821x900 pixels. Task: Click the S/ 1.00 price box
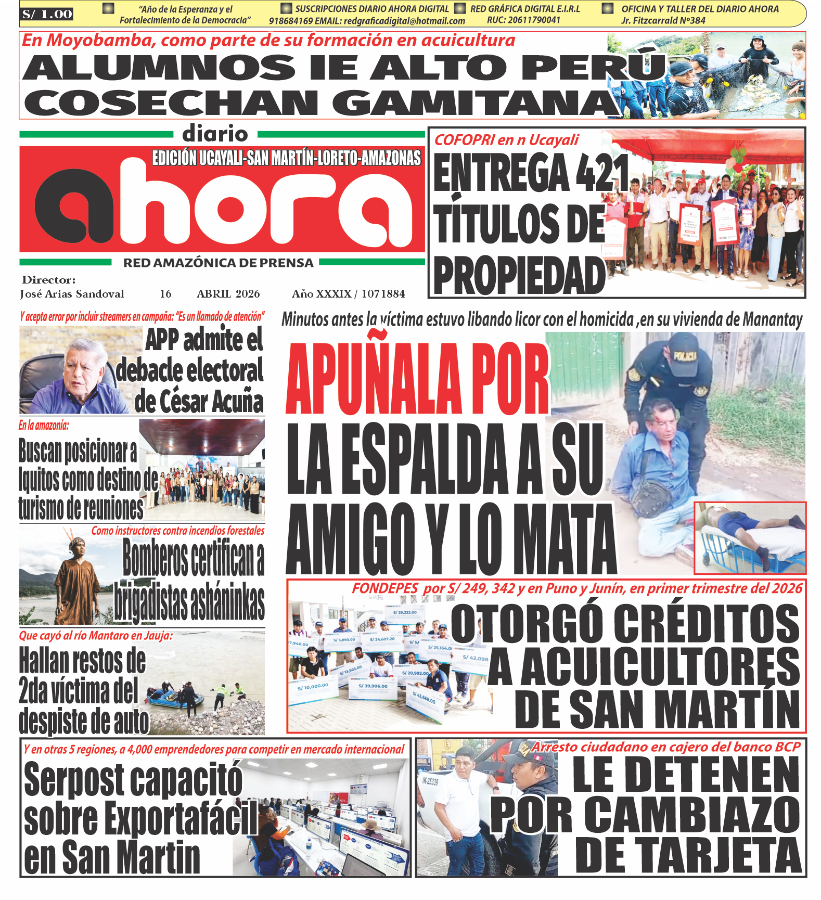tap(47, 14)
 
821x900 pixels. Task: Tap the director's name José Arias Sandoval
tap(72, 294)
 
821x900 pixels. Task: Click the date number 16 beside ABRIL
tap(165, 294)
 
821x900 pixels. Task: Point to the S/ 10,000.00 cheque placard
tap(313, 687)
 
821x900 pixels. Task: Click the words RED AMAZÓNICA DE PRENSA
tap(218, 263)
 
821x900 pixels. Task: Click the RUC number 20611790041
tap(523, 20)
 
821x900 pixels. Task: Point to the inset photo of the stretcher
tap(750, 537)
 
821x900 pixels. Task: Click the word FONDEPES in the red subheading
tap(385, 588)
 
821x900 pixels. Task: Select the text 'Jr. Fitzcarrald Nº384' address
tap(663, 21)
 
